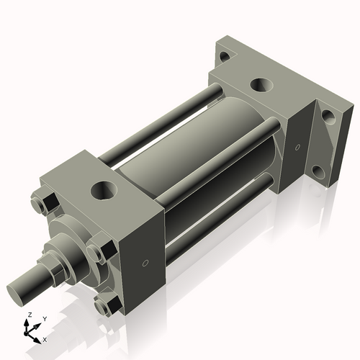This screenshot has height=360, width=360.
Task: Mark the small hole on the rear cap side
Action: coord(296,148)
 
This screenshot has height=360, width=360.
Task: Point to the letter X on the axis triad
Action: coord(45,338)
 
